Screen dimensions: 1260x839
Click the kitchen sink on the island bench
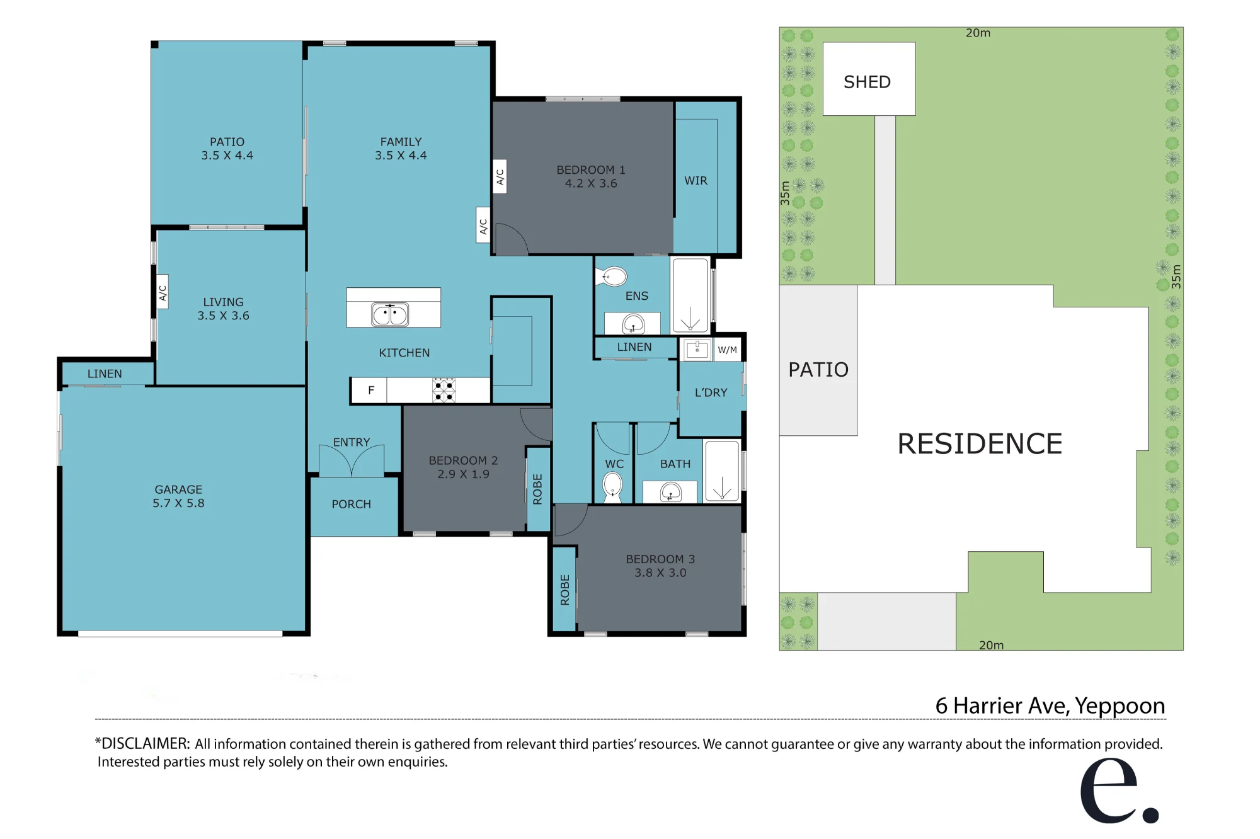click(390, 314)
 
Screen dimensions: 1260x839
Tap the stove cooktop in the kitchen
click(444, 391)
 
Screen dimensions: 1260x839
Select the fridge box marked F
click(370, 391)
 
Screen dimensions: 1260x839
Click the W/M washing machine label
click(727, 350)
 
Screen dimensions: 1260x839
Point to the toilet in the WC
click(612, 486)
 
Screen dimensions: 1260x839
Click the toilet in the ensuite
click(612, 276)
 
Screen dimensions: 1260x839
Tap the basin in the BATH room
click(670, 492)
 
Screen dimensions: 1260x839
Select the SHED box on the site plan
click(869, 79)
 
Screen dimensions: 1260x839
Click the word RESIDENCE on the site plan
click(980, 443)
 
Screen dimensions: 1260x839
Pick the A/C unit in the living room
click(162, 293)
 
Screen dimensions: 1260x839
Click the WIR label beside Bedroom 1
click(696, 181)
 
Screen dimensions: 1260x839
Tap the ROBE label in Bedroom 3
click(565, 590)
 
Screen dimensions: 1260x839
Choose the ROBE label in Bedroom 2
click(537, 489)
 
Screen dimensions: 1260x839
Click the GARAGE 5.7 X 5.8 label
click(178, 496)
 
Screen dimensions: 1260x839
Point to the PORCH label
click(352, 504)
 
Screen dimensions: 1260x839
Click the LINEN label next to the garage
click(105, 374)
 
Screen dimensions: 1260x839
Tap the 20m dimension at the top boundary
click(978, 33)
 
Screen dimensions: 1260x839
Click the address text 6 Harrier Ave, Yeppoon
click(1050, 705)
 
